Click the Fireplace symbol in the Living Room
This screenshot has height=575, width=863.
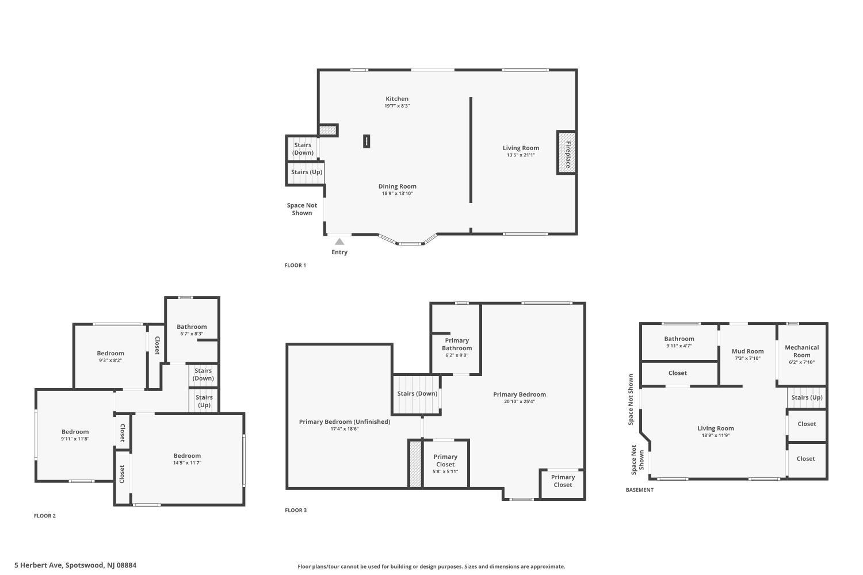567,152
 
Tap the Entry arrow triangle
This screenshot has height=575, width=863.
339,241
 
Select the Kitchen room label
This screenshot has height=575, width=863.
397,99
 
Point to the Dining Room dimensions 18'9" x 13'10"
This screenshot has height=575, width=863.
398,194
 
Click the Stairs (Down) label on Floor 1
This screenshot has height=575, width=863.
303,149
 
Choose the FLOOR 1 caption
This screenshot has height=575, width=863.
295,266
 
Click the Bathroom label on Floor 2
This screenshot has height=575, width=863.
192,327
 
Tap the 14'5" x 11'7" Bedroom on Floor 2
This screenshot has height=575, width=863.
187,459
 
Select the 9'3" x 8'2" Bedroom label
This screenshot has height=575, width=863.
110,354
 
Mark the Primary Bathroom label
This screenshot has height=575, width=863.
457,344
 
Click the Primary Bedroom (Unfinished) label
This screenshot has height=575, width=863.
344,421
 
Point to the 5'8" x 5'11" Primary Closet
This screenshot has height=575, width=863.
445,464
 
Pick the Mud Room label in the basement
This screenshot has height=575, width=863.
747,351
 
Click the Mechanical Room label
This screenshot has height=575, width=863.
801,351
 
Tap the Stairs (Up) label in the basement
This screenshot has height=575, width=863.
807,397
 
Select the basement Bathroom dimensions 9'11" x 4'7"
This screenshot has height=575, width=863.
679,346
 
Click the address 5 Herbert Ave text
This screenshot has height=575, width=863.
75,565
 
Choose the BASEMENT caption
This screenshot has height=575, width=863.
640,490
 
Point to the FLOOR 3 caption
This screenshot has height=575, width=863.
296,510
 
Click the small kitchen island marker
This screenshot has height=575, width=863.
366,141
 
